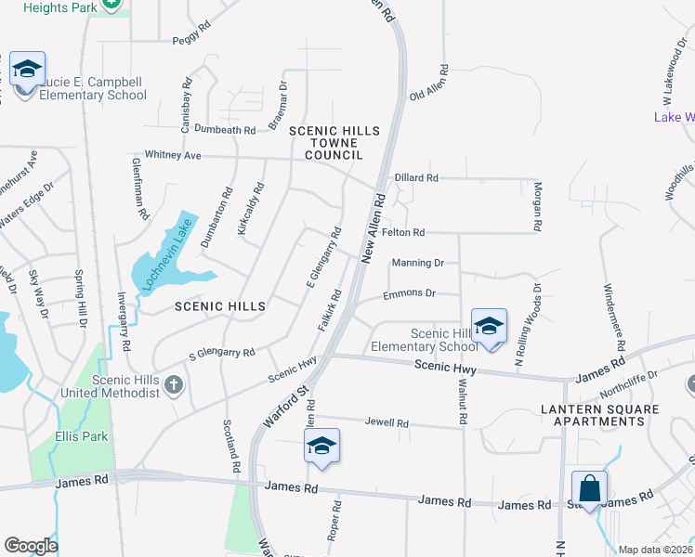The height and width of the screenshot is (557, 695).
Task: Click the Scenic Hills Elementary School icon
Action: (x=489, y=327)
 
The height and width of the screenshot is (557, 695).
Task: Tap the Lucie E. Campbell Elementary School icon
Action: (x=28, y=70)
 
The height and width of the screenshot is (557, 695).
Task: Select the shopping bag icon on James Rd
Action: (x=589, y=489)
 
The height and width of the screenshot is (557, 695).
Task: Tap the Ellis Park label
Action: (x=81, y=436)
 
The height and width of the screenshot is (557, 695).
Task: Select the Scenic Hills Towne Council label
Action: (x=335, y=143)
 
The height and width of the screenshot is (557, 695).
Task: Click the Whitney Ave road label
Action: (x=173, y=155)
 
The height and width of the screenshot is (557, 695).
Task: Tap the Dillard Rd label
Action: (x=415, y=177)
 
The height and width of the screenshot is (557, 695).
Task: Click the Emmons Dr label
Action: (x=410, y=293)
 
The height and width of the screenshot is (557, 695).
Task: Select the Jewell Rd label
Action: (x=387, y=423)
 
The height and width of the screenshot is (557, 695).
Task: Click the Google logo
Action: (x=32, y=546)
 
